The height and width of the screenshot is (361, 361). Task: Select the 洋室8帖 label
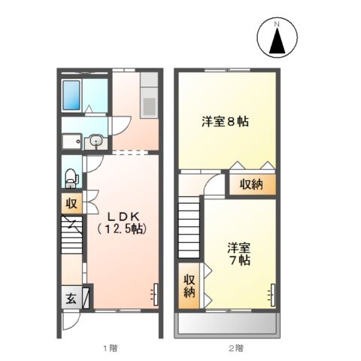click(225, 120)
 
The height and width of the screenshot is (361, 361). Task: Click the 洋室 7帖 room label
click(239, 253)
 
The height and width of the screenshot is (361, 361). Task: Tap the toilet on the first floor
click(71, 177)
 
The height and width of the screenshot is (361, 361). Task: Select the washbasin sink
click(96, 140)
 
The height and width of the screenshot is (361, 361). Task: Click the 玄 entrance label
click(70, 298)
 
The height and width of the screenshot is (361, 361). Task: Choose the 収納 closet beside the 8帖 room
click(251, 185)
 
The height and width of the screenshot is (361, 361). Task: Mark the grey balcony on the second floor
click(229, 326)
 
